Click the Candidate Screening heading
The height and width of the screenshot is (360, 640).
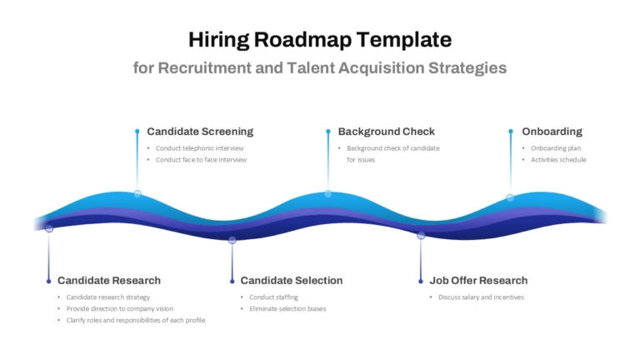200,132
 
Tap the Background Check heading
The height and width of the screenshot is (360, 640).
386,132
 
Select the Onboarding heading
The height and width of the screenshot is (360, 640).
552,132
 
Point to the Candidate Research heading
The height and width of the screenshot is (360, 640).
109,280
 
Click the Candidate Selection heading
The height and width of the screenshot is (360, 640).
292,280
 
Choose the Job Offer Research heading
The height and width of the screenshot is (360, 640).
478,280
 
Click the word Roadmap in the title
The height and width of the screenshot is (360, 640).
302,40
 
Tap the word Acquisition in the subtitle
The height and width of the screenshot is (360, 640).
381,68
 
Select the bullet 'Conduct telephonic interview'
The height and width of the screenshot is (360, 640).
200,148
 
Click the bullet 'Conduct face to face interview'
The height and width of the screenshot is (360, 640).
201,160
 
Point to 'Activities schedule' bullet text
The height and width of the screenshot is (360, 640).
558,160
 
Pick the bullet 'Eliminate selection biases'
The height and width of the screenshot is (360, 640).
287,308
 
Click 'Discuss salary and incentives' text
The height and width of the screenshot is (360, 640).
481,297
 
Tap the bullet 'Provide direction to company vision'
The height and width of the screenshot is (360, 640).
120,308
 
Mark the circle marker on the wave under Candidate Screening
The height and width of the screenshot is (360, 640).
137,194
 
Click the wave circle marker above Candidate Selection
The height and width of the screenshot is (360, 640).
232,240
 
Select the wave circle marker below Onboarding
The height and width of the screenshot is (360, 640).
510,198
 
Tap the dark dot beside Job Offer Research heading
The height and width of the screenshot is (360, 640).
421,281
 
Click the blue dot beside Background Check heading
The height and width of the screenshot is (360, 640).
328,132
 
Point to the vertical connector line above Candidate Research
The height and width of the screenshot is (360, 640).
49,256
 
